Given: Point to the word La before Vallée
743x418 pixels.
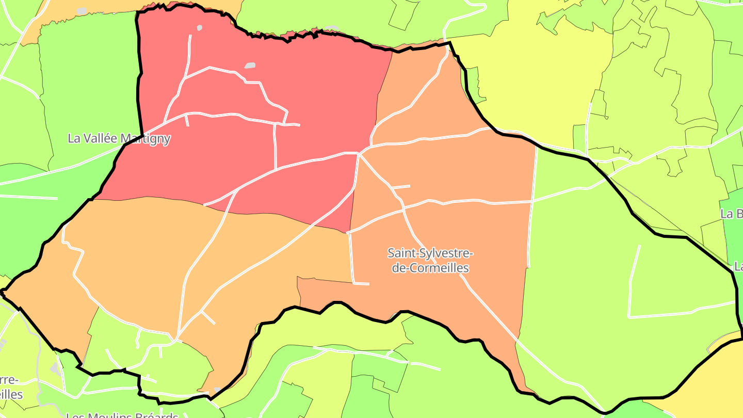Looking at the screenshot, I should (74, 138).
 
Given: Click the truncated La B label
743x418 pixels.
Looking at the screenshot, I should (731, 214).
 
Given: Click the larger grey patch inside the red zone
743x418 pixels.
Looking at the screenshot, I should (250, 66).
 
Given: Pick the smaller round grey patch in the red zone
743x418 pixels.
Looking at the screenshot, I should (200, 27).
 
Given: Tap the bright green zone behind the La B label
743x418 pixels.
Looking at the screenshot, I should (735, 232).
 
